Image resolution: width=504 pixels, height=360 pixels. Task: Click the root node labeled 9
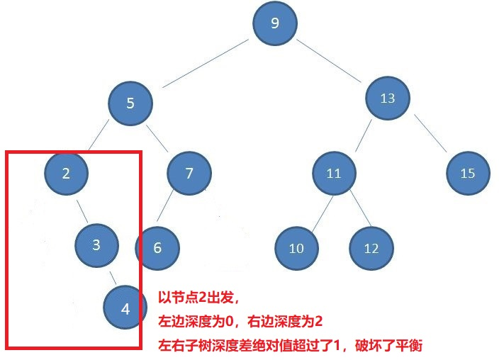[275, 23]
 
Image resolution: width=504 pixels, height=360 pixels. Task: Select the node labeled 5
[130, 103]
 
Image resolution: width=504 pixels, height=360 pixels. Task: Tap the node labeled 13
[387, 99]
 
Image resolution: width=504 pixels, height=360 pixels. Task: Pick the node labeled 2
[65, 173]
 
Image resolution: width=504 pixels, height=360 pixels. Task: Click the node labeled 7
[189, 173]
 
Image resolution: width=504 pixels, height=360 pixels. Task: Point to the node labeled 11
[334, 173]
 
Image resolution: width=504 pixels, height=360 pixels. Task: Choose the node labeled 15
[467, 173]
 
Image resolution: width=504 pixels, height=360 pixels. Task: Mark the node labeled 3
[96, 244]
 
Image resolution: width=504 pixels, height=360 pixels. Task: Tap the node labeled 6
[157, 248]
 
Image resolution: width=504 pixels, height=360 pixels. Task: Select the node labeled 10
[296, 248]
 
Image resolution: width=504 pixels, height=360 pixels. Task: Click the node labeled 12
[371, 248]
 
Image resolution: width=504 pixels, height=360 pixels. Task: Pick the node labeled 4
[125, 309]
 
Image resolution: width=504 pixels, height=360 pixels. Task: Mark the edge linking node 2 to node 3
[82, 210]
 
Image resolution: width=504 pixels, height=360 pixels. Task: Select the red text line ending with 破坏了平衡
[290, 346]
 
